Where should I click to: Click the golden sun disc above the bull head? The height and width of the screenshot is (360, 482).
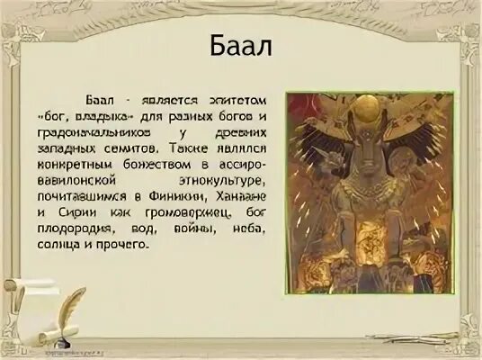[x=348, y=116]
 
